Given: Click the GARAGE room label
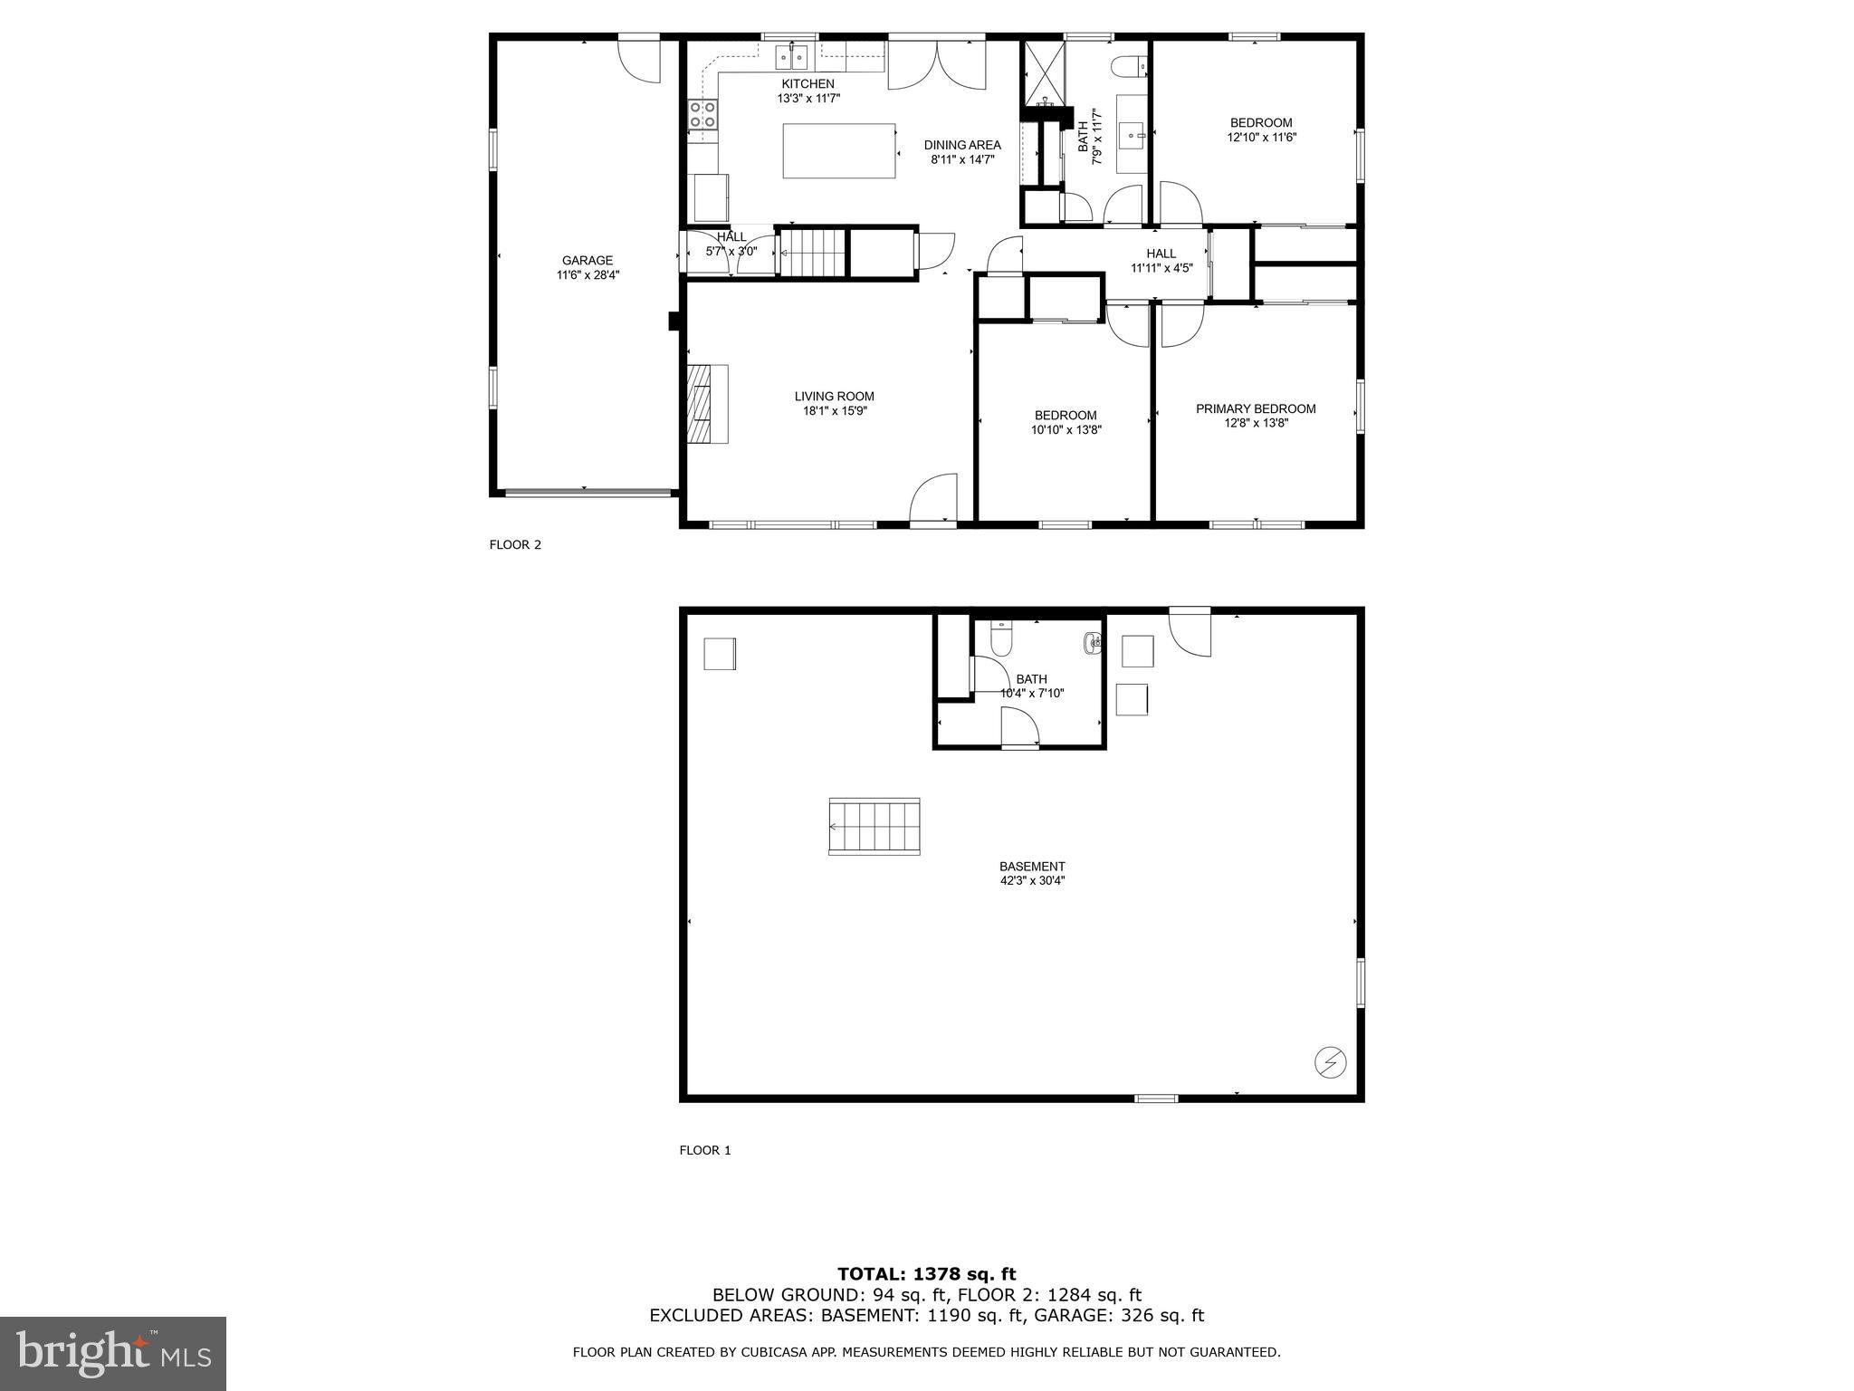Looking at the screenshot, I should point(588,261).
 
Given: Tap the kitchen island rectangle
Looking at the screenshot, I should point(838,151).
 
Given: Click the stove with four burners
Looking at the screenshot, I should point(702,115).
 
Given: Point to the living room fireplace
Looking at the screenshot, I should point(707,404).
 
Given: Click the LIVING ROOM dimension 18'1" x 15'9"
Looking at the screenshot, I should point(834,411).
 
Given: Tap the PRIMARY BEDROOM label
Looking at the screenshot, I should point(1256,409).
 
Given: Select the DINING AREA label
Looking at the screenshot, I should point(961,145).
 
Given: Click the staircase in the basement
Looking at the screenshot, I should point(874,826).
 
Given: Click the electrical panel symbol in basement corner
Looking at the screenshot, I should point(1331,1061).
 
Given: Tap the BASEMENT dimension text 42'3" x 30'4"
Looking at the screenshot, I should point(1032,880).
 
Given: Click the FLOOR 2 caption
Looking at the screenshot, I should point(515,545).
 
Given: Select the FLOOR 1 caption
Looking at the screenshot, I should point(704,1151).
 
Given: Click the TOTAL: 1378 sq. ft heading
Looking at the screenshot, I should point(926,1275).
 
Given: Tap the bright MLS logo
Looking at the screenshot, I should point(113,1354).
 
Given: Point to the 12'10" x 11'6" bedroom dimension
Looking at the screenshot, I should point(1261,138).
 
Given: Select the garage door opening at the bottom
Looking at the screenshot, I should point(587,494).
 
